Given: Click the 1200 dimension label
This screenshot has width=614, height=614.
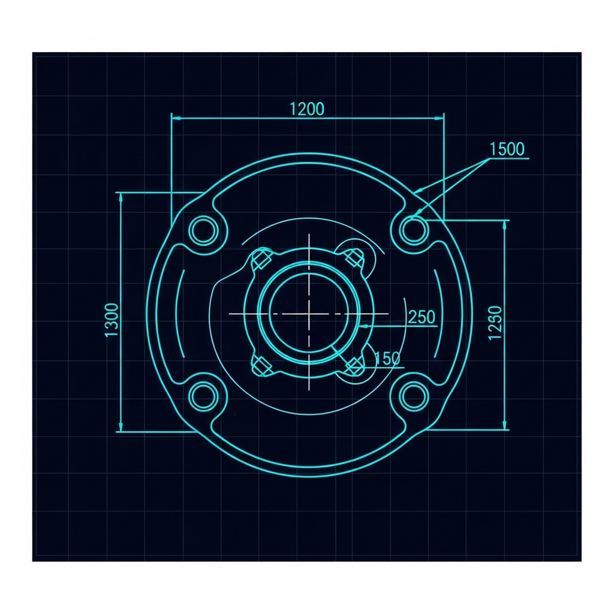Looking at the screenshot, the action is click(x=307, y=109).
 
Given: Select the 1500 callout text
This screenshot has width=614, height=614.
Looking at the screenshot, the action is click(x=507, y=149).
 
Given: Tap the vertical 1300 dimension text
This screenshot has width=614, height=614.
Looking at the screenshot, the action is click(x=112, y=320).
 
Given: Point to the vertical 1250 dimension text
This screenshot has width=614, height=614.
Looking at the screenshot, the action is click(x=496, y=323).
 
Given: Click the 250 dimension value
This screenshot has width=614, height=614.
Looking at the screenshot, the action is click(x=422, y=317).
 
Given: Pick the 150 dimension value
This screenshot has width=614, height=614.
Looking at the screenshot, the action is click(x=388, y=359).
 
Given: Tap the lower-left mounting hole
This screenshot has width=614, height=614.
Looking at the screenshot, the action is click(x=204, y=396).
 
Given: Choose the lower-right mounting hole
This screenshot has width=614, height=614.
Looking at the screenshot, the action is click(x=414, y=396).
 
